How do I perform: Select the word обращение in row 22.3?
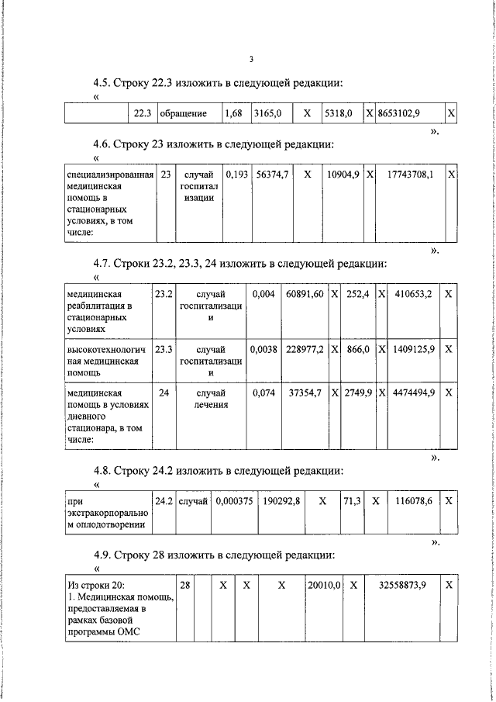point(183,113)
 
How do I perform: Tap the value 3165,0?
point(267,113)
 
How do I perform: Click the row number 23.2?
point(164,294)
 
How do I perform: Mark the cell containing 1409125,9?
point(413,349)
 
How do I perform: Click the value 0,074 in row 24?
point(263,393)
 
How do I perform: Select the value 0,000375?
point(235,502)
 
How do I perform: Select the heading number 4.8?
point(102,471)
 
